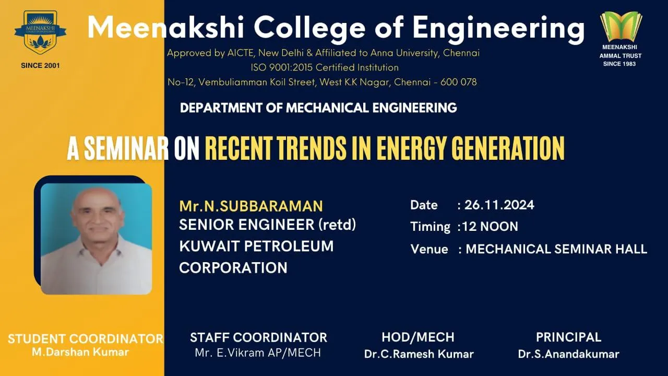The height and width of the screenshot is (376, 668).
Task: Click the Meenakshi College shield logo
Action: tap(40, 32)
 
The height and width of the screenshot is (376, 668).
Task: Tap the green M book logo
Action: tap(621, 27)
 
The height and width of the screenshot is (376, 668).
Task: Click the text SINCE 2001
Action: tap(40, 66)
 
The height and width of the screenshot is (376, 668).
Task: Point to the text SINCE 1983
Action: tap(619, 64)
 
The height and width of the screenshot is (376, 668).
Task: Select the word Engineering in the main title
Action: tap(498, 28)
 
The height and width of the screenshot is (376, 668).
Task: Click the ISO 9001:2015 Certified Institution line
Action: tap(325, 67)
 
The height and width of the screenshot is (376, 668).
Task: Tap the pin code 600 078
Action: tap(458, 82)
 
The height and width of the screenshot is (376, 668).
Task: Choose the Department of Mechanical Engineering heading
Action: tap(318, 108)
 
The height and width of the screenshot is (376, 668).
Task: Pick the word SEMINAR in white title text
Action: tap(126, 148)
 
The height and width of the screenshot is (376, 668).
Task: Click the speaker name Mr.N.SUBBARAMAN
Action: tap(251, 206)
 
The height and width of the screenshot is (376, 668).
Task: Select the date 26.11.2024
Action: tap(499, 205)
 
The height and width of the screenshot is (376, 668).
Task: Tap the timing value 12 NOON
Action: tap(490, 227)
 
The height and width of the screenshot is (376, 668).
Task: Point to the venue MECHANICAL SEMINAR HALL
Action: tap(556, 249)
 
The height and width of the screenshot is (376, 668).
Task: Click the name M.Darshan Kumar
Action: tap(80, 352)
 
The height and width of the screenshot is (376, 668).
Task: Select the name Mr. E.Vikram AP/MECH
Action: tap(258, 352)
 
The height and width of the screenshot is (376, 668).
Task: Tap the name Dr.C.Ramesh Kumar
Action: tap(419, 354)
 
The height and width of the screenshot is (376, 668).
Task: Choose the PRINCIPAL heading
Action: tap(568, 337)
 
